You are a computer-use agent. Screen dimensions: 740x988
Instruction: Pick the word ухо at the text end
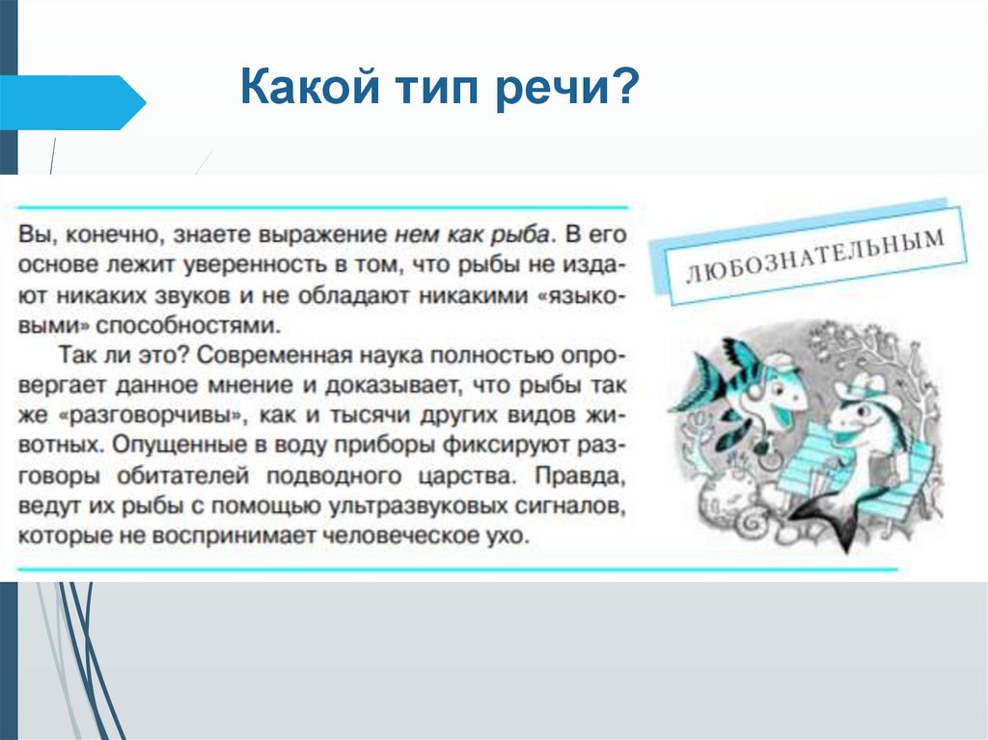point(510,536)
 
